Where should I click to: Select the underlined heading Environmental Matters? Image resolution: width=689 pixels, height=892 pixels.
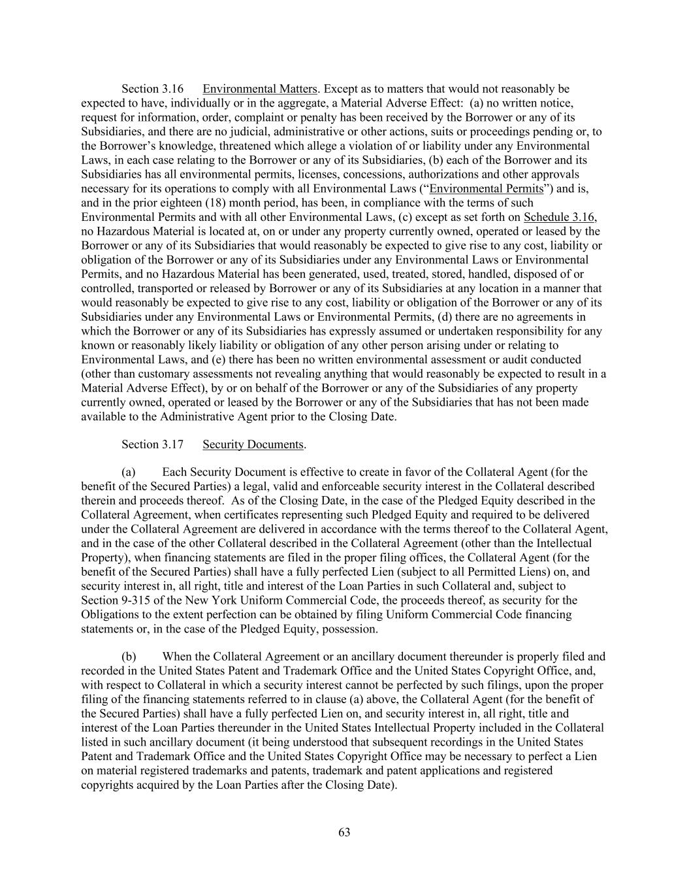260,89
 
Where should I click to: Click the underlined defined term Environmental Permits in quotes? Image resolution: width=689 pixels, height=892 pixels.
486,188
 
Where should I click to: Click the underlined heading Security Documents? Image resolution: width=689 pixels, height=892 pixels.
253,444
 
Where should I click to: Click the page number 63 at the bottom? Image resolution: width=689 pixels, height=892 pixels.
345,832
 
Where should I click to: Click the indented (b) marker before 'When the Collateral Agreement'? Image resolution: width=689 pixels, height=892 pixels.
129,656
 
